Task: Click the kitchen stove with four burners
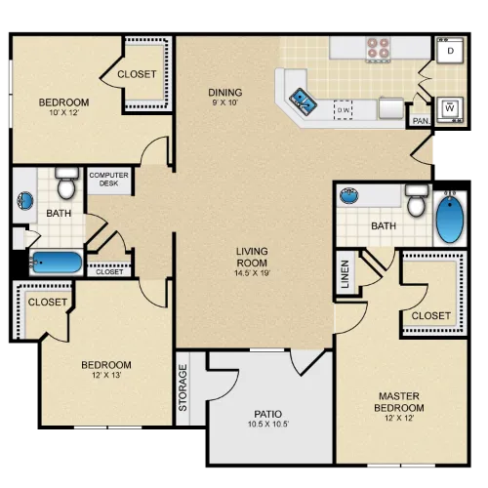click(x=378, y=49)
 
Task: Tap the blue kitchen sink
click(x=303, y=102)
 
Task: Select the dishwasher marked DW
click(x=343, y=110)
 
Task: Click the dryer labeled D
click(x=450, y=51)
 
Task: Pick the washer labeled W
click(x=450, y=109)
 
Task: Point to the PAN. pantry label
click(x=421, y=121)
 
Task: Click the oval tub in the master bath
click(x=450, y=218)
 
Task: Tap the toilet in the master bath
click(x=417, y=200)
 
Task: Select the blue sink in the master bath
click(x=349, y=195)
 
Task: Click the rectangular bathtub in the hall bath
click(x=56, y=263)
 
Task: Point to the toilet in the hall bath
click(x=66, y=183)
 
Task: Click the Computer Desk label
click(x=108, y=180)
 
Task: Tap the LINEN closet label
click(x=345, y=274)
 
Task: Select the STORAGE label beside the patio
click(x=183, y=387)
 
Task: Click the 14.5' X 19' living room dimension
click(x=253, y=272)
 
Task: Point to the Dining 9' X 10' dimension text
click(x=225, y=102)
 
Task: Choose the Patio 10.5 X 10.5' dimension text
click(x=268, y=424)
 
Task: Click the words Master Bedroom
click(x=399, y=402)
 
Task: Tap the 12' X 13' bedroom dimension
click(x=106, y=375)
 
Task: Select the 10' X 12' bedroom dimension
click(x=64, y=112)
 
